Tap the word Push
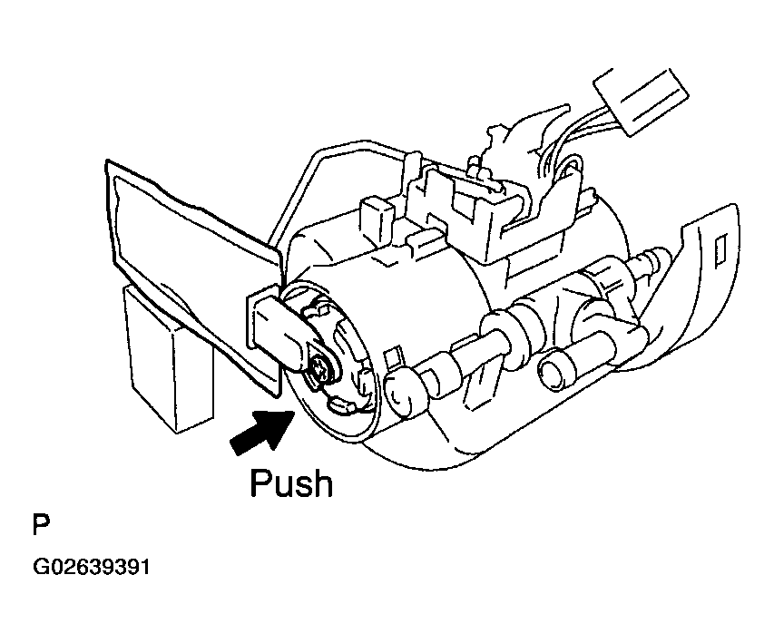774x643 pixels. (291, 483)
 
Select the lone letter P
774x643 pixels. (40, 525)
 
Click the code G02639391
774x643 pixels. (92, 569)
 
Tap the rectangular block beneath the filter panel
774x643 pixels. (169, 358)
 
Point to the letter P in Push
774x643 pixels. (262, 482)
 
